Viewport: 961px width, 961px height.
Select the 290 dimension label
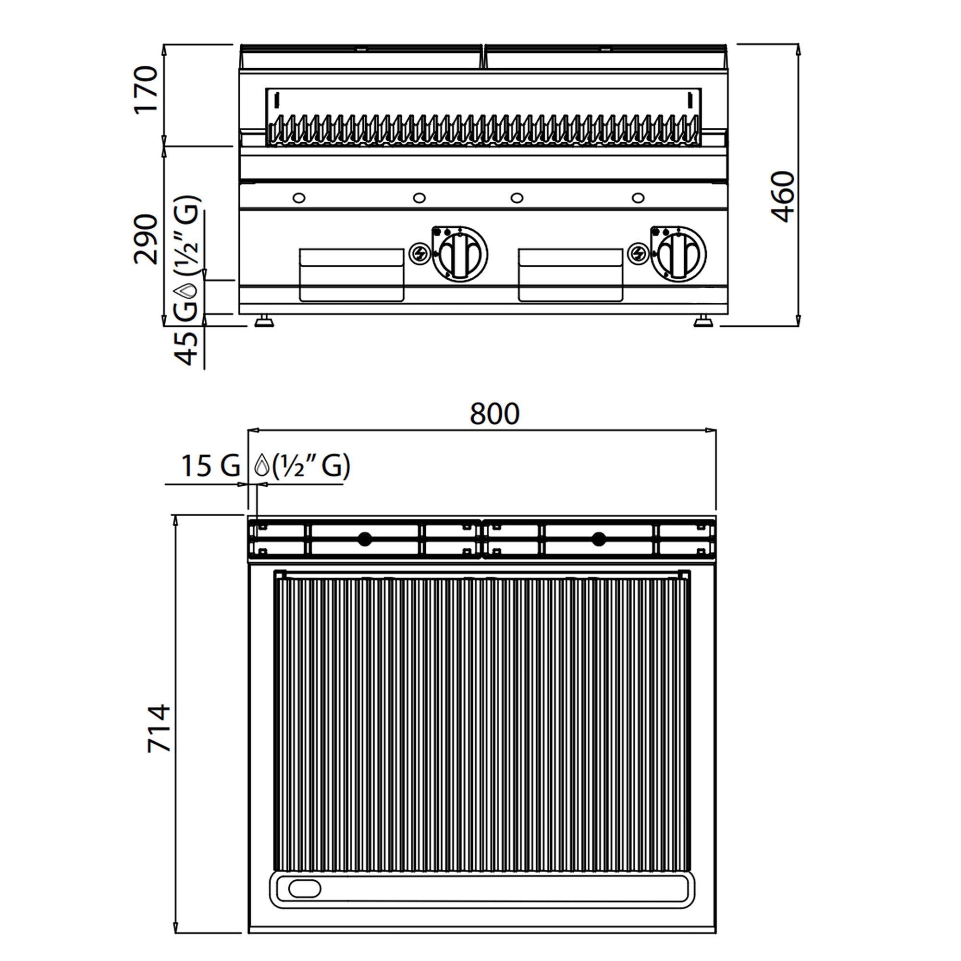point(146,238)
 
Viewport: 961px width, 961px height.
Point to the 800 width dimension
point(494,414)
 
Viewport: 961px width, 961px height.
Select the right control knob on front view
point(678,254)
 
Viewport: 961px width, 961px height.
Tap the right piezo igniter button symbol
point(638,254)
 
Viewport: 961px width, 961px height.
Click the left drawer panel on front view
point(351,275)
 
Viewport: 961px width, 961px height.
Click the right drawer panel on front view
point(570,275)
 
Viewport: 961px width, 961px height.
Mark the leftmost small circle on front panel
point(299,198)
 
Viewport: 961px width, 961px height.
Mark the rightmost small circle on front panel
point(638,198)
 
